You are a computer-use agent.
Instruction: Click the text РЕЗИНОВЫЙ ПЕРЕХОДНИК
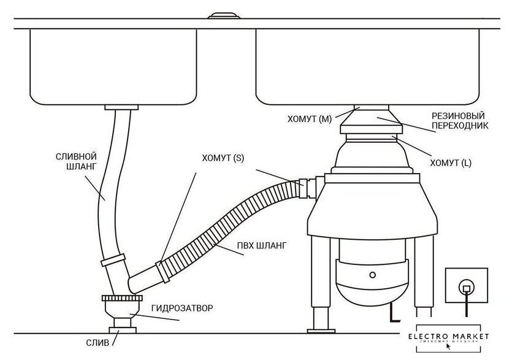(x=459, y=120)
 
